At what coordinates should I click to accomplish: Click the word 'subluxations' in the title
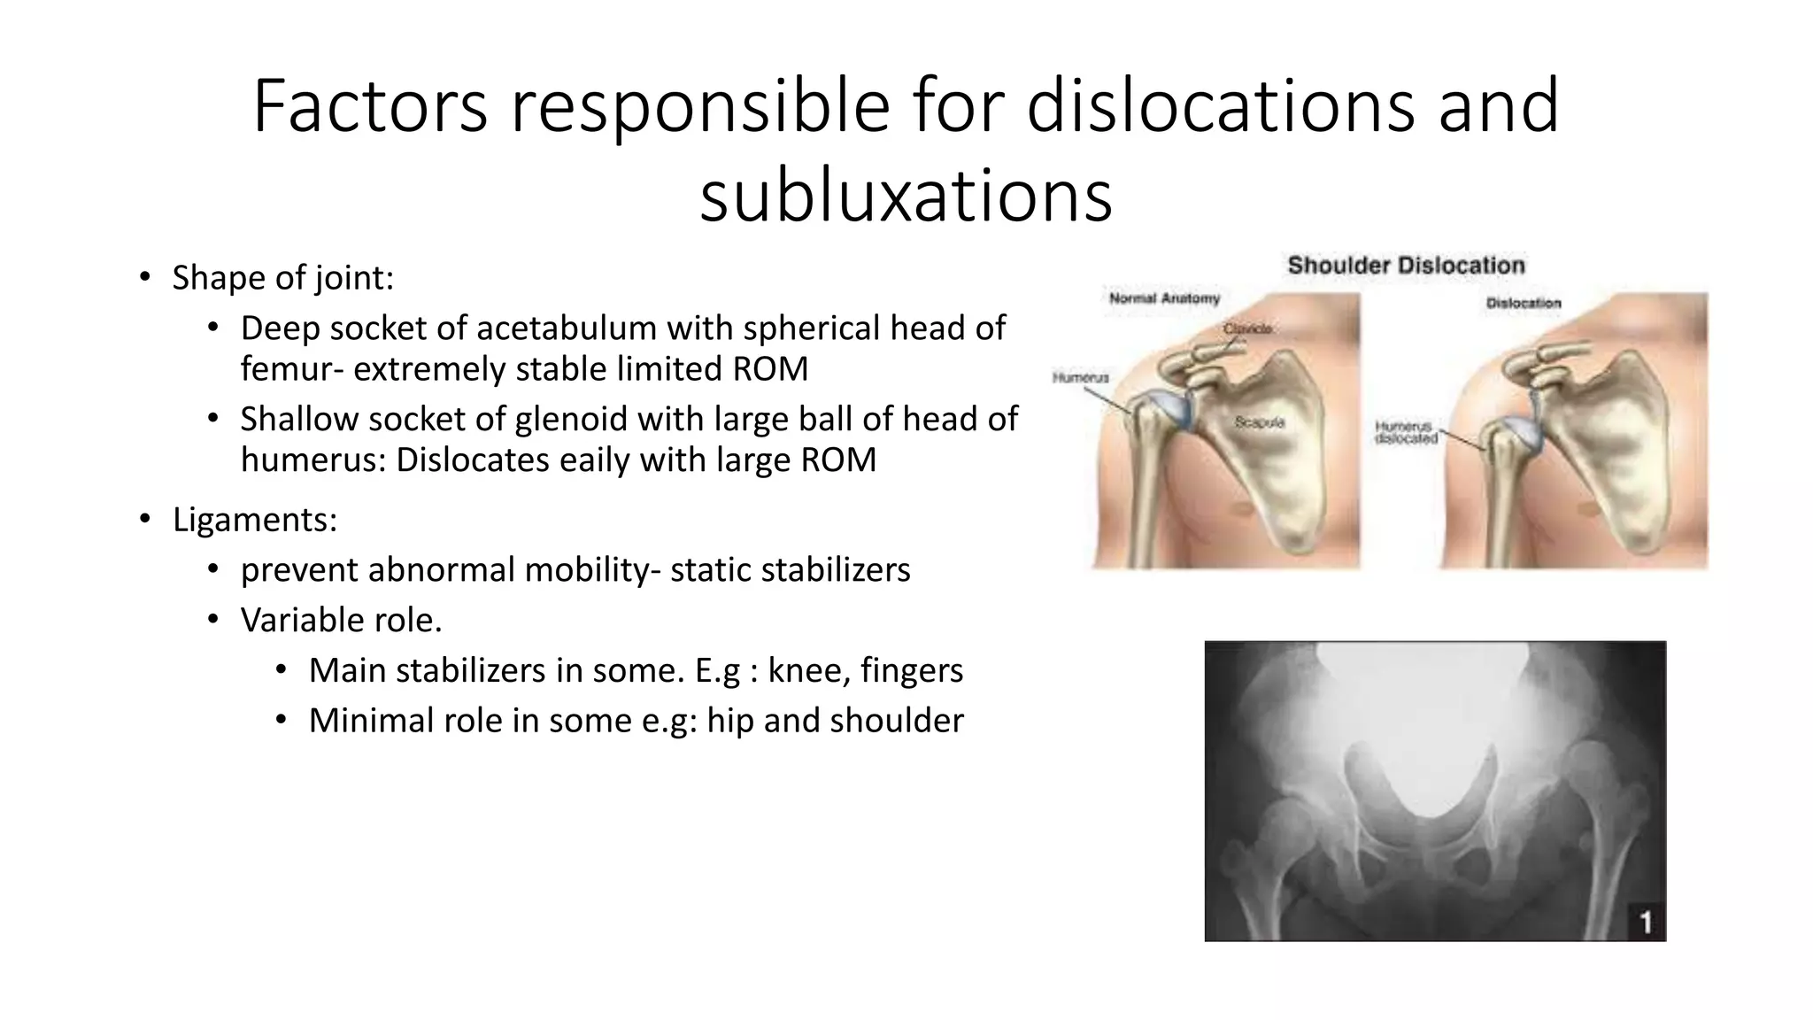coord(906,196)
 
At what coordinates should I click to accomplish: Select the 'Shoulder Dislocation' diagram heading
coord(1406,265)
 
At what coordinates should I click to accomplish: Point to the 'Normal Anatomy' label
coord(1164,298)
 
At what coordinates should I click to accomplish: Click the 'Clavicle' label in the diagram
coord(1247,328)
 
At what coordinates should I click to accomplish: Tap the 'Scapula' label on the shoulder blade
coord(1259,422)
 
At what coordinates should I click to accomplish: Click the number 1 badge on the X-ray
coord(1646,923)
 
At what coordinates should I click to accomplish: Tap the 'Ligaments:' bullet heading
coord(255,520)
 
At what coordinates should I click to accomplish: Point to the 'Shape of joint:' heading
coord(282,278)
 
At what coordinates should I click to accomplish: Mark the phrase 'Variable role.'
coord(341,621)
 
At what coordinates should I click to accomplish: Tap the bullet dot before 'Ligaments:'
coord(144,519)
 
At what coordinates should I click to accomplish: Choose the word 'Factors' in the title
coord(370,105)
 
